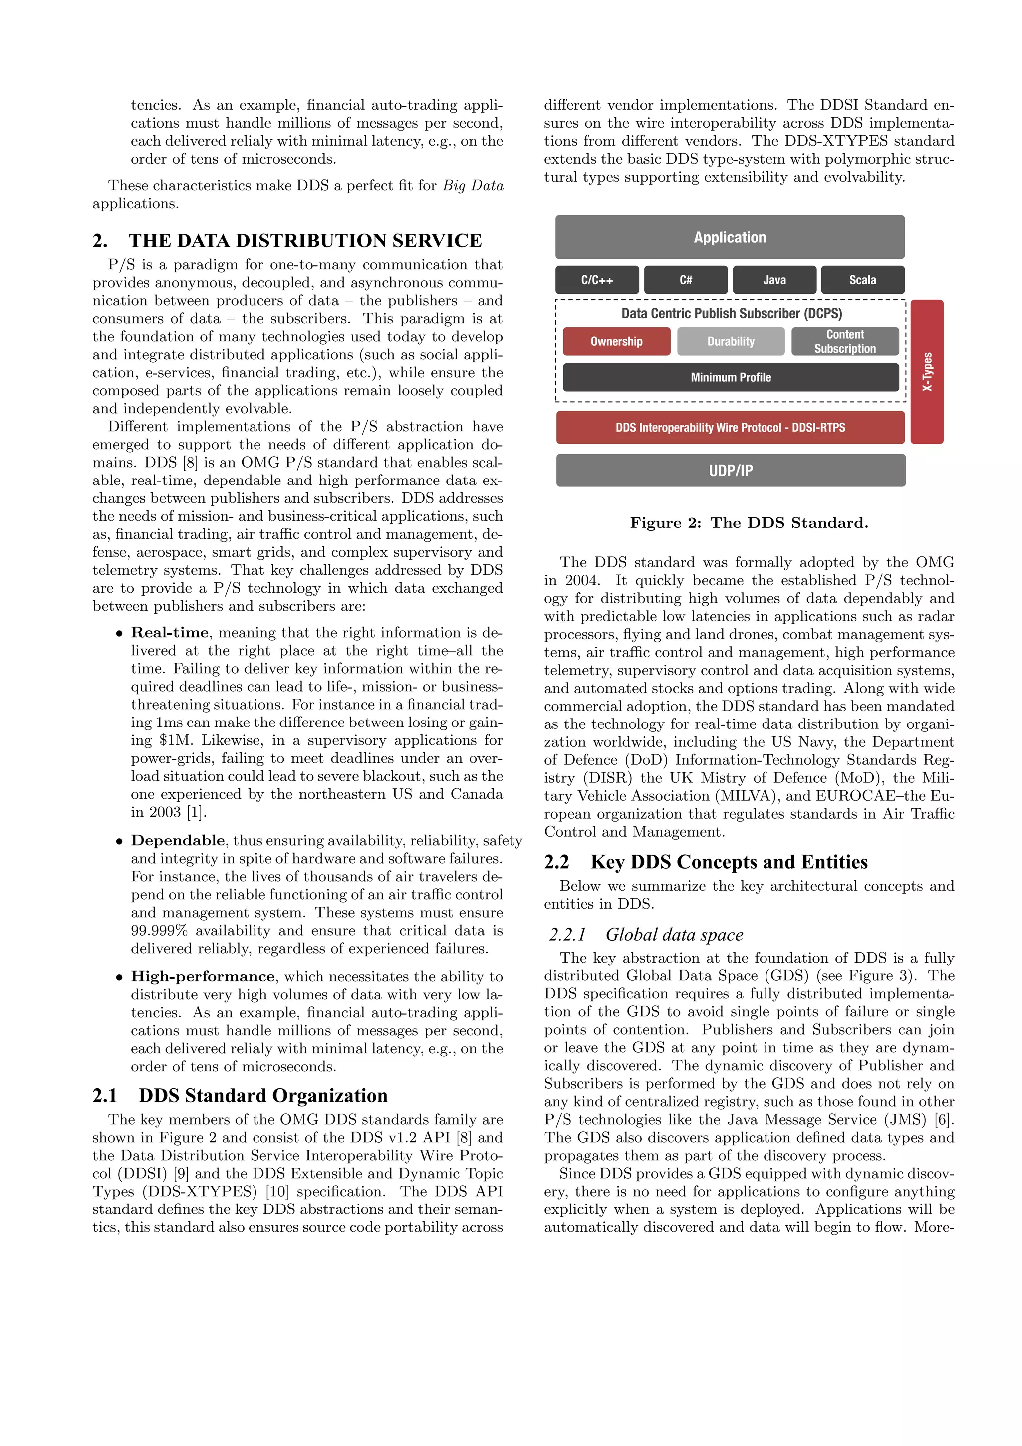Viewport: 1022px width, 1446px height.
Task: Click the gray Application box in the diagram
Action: pos(729,238)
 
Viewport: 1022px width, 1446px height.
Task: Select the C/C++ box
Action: pos(596,280)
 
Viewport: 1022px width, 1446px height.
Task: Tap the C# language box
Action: pos(686,280)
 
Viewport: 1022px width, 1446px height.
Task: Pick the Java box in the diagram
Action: pos(774,280)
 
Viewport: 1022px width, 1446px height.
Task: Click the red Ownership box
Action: pos(616,341)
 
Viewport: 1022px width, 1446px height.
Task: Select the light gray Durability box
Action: pos(731,341)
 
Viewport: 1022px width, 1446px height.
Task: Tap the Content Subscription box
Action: pos(844,341)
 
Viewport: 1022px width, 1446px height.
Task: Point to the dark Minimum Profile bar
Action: pos(731,377)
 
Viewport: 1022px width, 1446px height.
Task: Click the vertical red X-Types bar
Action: pos(927,372)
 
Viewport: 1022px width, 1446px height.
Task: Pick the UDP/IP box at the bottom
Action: pos(731,471)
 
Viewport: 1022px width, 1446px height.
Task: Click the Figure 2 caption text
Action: pos(749,523)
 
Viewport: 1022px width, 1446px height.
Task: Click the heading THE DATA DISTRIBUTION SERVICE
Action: pos(305,241)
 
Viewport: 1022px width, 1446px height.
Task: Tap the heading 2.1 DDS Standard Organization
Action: pos(262,1095)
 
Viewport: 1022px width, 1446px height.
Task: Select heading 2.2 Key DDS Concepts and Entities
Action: pos(729,862)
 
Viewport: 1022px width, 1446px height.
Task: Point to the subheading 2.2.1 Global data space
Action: pos(674,934)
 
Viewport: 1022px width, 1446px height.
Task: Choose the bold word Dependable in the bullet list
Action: pos(178,840)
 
